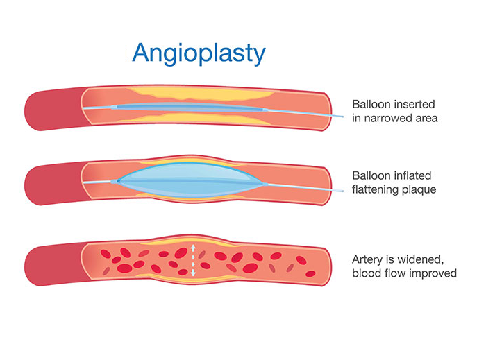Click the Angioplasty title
click(199, 53)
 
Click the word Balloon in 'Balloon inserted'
click(369, 104)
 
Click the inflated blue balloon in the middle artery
click(191, 180)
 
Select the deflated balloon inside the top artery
click(189, 108)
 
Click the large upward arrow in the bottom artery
click(193, 248)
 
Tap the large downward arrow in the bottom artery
click(193, 273)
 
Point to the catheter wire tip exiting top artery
click(342, 117)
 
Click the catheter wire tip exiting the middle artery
click(342, 191)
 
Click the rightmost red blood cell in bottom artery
click(310, 273)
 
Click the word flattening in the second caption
click(376, 189)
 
